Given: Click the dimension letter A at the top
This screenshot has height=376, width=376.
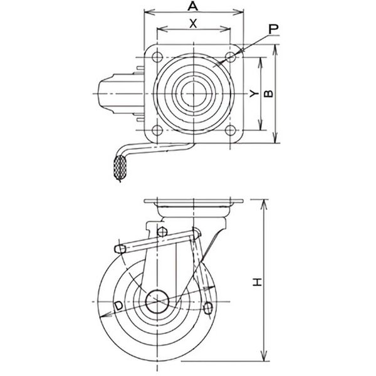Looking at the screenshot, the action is pyautogui.click(x=193, y=6).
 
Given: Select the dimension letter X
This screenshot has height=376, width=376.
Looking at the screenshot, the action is pyautogui.click(x=193, y=24).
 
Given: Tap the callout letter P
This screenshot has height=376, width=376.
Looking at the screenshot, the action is pyautogui.click(x=273, y=29).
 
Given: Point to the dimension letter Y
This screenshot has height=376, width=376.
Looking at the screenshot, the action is pyautogui.click(x=254, y=93).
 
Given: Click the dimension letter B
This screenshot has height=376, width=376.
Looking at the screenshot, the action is pyautogui.click(x=268, y=93).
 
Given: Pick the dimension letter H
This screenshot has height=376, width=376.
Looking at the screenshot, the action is pyautogui.click(x=258, y=282).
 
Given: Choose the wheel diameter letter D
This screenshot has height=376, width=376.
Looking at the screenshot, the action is pyautogui.click(x=118, y=306).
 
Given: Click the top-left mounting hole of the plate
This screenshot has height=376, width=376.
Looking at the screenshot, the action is pyautogui.click(x=157, y=57).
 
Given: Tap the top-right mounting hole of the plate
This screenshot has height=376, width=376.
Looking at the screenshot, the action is pyautogui.click(x=231, y=57).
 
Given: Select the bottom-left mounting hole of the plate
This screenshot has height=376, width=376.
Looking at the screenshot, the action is pyautogui.click(x=157, y=130).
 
